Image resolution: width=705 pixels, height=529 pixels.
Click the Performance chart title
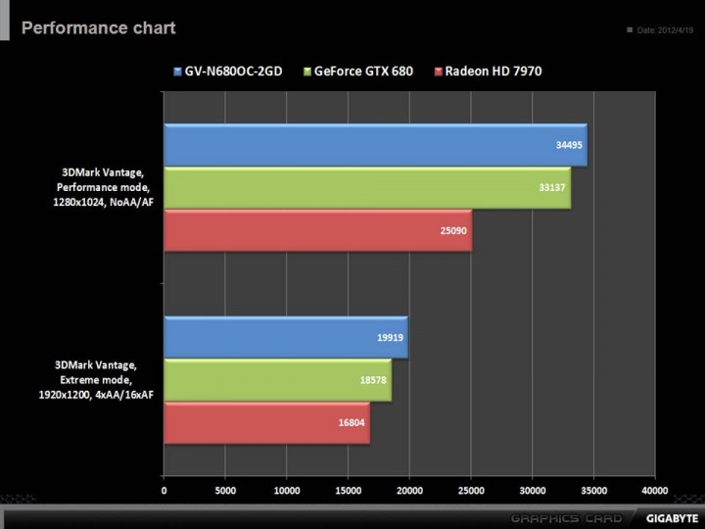[x=98, y=27]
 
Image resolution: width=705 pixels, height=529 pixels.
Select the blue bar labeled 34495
[x=375, y=145]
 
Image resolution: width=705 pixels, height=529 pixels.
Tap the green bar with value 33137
[x=367, y=188]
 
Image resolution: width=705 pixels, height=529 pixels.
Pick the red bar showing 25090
[x=317, y=229]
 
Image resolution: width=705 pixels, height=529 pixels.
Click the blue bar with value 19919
[x=285, y=337]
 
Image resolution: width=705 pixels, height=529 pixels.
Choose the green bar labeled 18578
[x=277, y=380]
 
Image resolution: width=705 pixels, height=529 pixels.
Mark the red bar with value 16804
[x=266, y=422]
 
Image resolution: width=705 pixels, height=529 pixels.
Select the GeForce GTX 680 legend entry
[x=357, y=71]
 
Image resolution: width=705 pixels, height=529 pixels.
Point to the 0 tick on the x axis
[x=164, y=490]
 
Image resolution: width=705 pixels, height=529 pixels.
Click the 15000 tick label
[x=348, y=490]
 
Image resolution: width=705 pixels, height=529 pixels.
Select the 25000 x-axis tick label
[x=471, y=490]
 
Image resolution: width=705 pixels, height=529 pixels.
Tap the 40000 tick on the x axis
[x=654, y=490]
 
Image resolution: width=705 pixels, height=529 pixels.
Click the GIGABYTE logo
[x=671, y=517]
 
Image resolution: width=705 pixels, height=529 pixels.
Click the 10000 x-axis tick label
[x=287, y=490]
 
